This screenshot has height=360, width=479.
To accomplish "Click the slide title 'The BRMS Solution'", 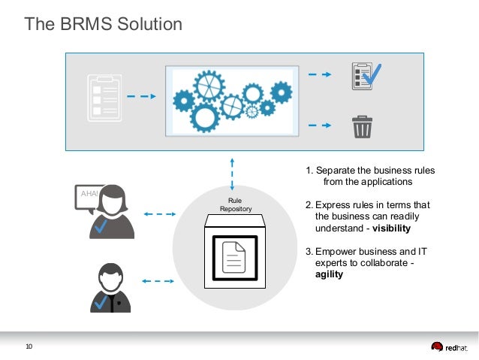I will [104, 25].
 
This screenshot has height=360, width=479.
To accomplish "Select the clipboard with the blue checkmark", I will [366, 75].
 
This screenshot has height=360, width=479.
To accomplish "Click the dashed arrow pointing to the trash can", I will [321, 126].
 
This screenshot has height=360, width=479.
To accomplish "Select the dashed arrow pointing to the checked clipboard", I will [321, 74].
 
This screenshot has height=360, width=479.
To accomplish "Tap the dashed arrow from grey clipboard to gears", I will [140, 96].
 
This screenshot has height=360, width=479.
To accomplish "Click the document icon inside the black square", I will [235, 258].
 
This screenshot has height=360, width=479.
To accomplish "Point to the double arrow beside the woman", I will [158, 215].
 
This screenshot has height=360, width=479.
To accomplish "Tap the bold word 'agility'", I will [329, 274].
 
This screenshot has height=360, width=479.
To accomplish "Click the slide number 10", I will [29, 346].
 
